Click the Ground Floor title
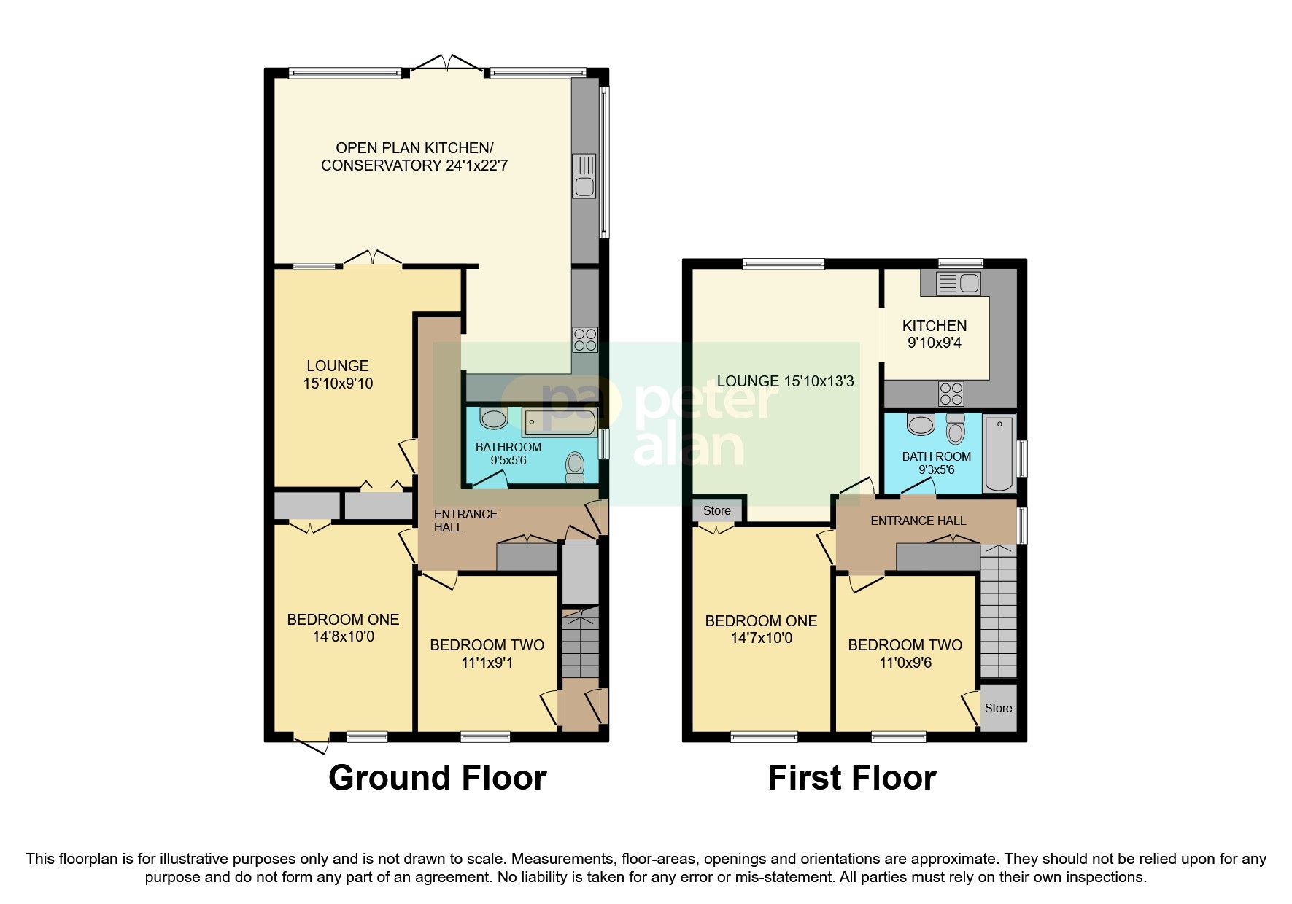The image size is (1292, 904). pos(437,778)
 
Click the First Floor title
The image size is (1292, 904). pos(851,778)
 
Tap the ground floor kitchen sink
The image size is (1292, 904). pos(584,176)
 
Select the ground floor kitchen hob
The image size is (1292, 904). pos(585,340)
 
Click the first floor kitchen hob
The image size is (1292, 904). pos(951,394)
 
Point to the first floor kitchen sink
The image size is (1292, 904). pos(957,283)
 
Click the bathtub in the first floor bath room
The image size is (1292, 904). pos(999,453)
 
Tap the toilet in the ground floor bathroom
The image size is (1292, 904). pos(575,467)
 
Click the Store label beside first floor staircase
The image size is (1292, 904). pos(998,708)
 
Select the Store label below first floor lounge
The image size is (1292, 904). pos(716,510)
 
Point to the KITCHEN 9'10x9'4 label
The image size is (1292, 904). pos(935,334)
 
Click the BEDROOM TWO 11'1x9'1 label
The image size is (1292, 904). pos(487,654)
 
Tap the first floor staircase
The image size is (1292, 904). pos(998,612)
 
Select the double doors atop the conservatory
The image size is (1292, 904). pos(446,63)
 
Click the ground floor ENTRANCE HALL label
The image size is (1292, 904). pos(465,521)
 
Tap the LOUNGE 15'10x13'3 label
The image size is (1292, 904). pos(785,381)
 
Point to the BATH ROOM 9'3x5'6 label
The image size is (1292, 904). pos(936,463)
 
